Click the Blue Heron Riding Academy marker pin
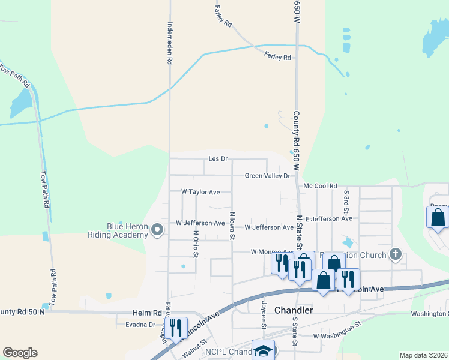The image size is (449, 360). [x=157, y=230]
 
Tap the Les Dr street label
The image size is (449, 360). [x=218, y=159]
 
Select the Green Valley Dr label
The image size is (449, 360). [x=267, y=176]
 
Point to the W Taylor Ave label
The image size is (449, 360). [x=200, y=192]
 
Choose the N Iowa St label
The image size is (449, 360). [x=232, y=226]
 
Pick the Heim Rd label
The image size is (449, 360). [x=148, y=313]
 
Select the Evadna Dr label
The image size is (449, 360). [x=140, y=325]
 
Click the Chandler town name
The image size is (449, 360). [x=294, y=310]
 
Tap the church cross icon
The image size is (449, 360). [x=395, y=255]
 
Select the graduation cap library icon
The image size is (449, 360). [x=262, y=351]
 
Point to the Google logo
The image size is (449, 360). [x=20, y=353]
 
